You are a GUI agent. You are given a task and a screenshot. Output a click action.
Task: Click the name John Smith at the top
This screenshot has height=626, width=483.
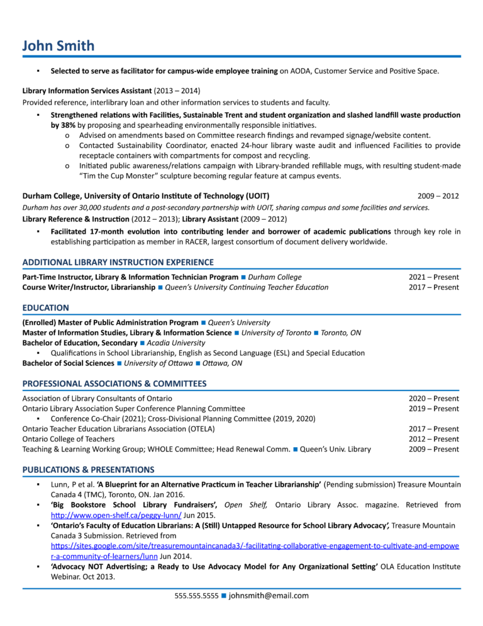tap(58, 45)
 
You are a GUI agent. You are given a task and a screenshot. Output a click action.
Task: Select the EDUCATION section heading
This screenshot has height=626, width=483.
tap(46, 308)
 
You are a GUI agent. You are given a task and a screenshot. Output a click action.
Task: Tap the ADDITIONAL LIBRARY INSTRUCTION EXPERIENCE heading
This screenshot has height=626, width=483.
tap(118, 262)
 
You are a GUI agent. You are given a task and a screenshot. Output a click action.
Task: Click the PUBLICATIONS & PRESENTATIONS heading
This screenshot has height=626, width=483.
tap(88, 469)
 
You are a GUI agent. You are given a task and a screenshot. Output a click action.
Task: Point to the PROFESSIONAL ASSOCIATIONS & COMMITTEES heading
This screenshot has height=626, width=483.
tap(114, 384)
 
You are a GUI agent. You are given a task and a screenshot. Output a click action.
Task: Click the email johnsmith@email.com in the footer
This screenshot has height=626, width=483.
tap(269, 595)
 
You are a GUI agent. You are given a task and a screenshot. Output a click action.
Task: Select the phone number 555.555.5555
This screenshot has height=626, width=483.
tap(196, 596)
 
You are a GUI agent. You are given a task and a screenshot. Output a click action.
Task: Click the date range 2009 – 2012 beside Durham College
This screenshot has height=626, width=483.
tap(438, 196)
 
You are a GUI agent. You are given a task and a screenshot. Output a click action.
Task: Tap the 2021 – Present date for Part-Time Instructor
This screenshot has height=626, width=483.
tap(434, 277)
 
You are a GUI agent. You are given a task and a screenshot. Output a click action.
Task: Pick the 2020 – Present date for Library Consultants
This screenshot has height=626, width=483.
tap(434, 399)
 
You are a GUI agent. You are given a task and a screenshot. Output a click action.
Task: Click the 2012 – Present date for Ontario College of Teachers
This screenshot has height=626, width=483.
tap(434, 439)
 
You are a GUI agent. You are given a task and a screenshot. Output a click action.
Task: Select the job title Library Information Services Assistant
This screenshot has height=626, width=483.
tap(87, 91)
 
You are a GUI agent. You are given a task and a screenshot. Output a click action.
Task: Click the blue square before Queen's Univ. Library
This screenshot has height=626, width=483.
tap(296, 450)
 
